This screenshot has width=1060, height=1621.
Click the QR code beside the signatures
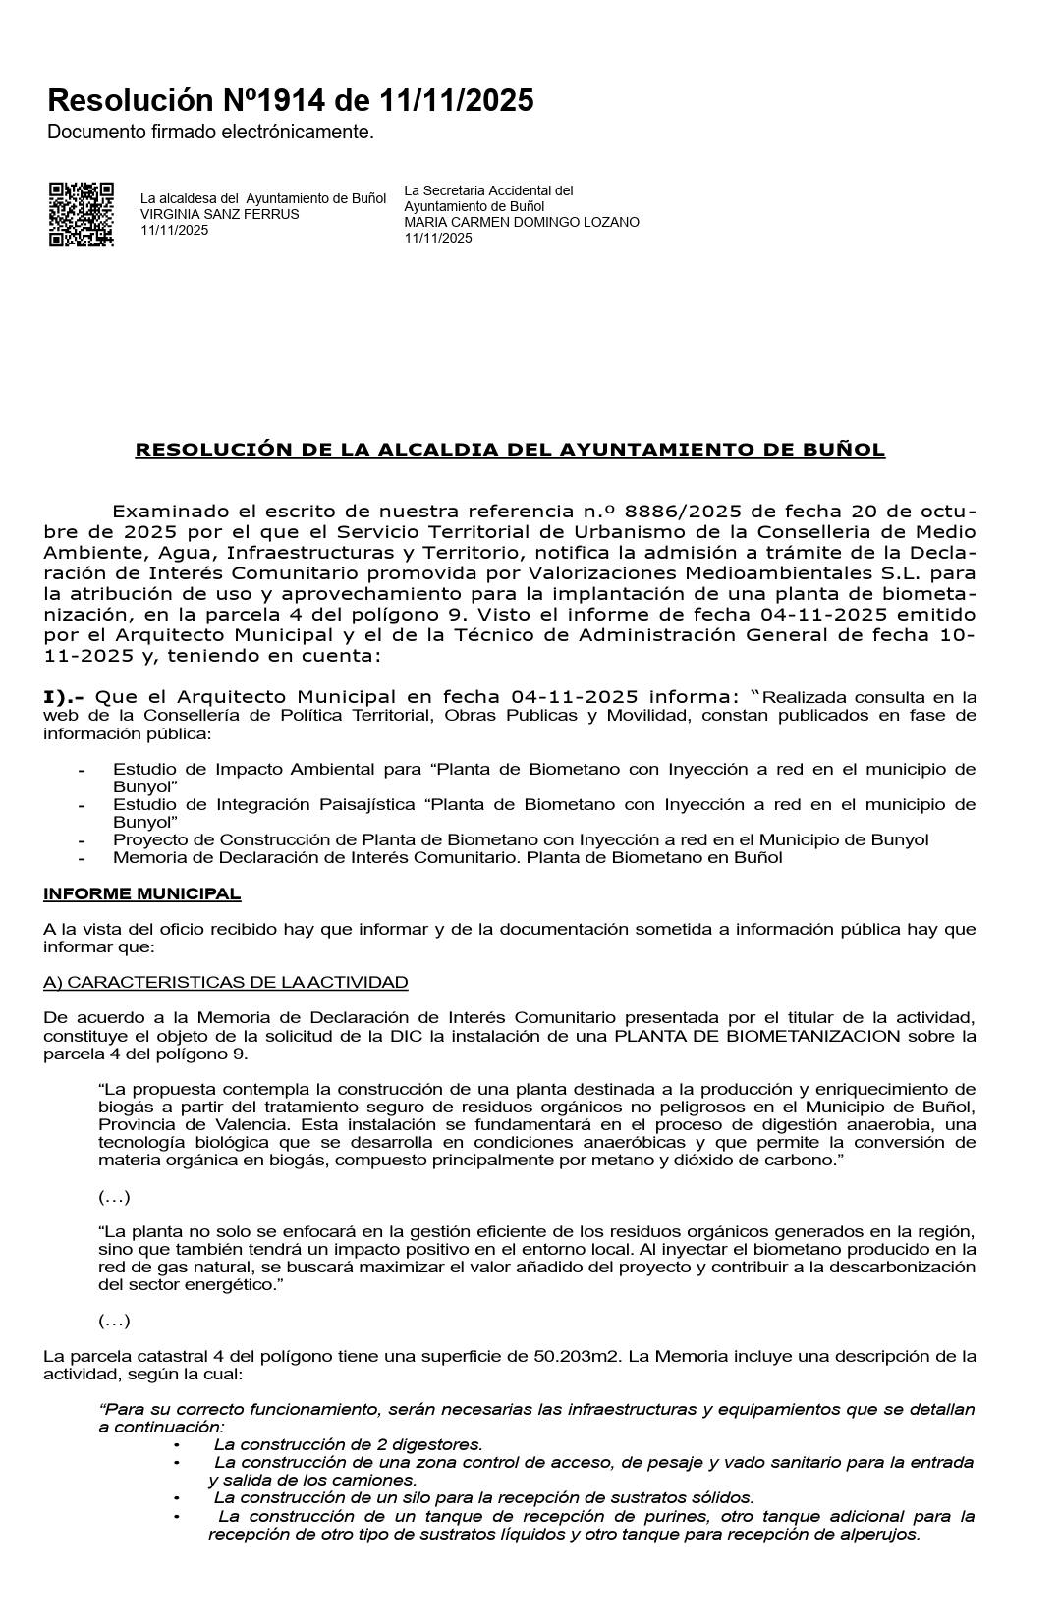[82, 214]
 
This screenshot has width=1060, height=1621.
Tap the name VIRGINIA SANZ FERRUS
[220, 214]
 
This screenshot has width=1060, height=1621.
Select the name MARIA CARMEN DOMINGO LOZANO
[522, 222]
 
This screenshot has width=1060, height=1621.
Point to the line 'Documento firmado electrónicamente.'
[210, 132]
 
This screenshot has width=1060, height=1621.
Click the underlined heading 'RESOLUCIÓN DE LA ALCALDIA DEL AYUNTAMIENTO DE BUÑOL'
[510, 450]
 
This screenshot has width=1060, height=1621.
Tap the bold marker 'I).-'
[64, 697]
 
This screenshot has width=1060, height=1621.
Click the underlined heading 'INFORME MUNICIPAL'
[141, 893]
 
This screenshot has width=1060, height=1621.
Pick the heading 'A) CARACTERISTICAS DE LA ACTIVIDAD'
[225, 982]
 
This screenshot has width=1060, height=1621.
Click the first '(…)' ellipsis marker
[114, 1196]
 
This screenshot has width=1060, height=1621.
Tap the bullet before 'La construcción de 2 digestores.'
[177, 1445]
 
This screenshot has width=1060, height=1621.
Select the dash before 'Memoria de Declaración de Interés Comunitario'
[82, 858]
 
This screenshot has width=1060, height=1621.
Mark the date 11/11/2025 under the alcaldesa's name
[174, 230]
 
